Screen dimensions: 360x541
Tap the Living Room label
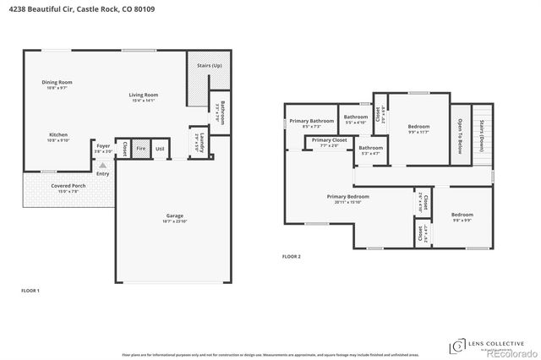point(143,97)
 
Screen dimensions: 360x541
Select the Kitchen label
point(57,136)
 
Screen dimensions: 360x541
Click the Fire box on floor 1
point(141,149)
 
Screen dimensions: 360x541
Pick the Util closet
point(160,149)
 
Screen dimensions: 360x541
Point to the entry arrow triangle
point(103,165)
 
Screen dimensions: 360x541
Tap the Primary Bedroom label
point(348,198)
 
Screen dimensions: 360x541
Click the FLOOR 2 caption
point(292,256)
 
